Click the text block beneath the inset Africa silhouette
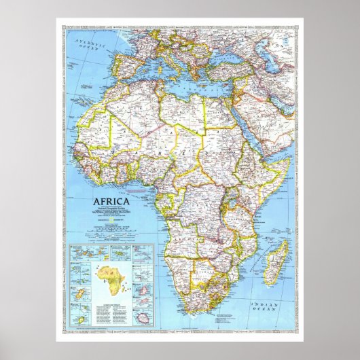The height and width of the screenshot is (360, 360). coord(111,300)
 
